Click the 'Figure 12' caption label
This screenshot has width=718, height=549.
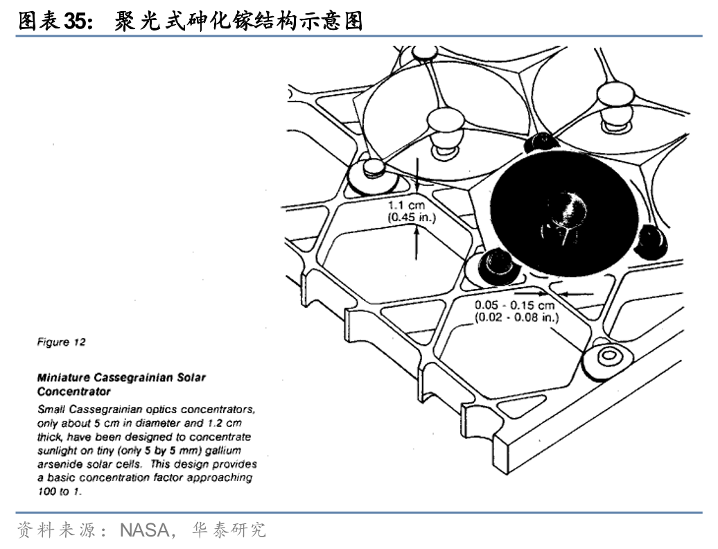click(62, 342)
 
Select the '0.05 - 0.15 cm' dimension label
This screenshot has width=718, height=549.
click(515, 305)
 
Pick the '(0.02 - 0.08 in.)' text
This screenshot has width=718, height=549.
click(516, 317)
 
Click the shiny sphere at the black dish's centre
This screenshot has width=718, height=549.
click(563, 207)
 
